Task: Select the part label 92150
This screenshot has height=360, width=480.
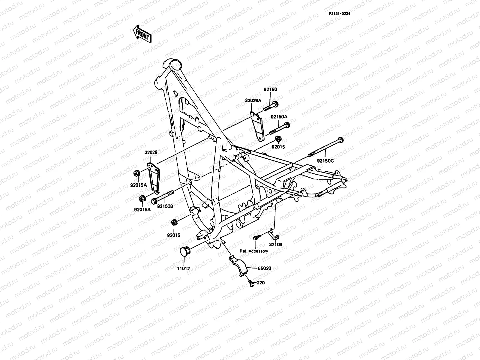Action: point(270,89)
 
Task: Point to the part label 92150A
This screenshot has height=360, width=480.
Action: point(279,116)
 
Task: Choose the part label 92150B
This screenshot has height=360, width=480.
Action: point(165,206)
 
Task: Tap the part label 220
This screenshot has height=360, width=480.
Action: point(261,283)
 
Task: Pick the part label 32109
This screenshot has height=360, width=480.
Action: point(275,244)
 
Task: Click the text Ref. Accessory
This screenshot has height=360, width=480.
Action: point(254,251)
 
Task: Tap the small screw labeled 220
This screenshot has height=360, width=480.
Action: point(251,283)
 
